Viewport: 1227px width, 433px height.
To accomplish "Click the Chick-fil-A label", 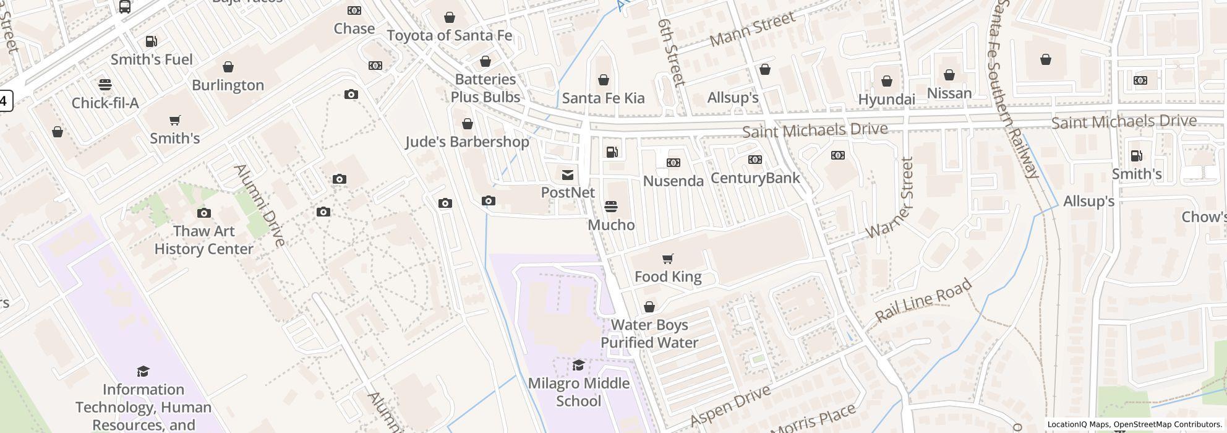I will [x=105, y=103].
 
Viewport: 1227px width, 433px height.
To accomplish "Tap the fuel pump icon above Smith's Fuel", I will [x=151, y=41].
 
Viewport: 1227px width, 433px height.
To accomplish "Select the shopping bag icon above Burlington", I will [x=228, y=67].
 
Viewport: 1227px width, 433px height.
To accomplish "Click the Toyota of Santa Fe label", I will [x=450, y=35].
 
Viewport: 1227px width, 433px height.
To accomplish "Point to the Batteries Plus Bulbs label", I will [x=485, y=88].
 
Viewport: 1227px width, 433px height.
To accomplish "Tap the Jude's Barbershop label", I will [x=467, y=142].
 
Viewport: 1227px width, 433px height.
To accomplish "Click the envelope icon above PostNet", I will [x=567, y=175].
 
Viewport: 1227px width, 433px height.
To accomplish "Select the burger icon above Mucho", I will [x=610, y=206].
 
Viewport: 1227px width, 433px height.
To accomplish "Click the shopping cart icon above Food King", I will [x=667, y=259].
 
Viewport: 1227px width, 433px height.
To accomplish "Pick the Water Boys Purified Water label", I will [x=649, y=333].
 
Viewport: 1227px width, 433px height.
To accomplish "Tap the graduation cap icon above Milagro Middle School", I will [x=578, y=365].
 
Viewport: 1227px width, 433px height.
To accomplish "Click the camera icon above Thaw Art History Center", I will [x=203, y=213].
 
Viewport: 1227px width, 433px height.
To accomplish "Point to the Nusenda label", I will [x=673, y=181].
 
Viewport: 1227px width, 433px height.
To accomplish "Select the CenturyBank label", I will [x=755, y=178].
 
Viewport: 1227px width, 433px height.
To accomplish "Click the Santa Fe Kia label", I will [x=603, y=98].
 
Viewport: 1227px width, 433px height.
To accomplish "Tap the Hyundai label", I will [x=886, y=100].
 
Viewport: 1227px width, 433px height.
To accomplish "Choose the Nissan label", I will [x=949, y=93].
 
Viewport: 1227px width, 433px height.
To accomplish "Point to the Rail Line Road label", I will [x=924, y=301].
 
